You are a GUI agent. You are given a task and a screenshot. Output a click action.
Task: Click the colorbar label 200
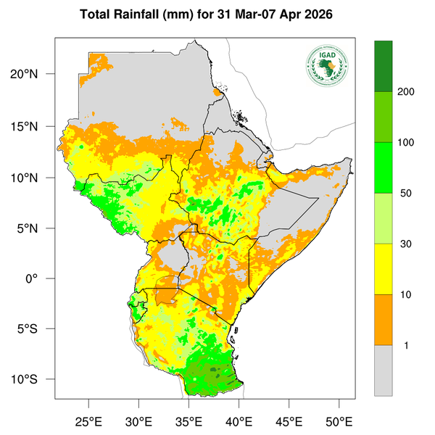pos(406,93)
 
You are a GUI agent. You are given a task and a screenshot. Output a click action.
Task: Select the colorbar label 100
pos(406,143)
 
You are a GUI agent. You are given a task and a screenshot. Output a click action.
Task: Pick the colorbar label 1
pos(406,345)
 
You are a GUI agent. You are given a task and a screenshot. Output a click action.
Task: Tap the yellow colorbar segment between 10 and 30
pos(383,269)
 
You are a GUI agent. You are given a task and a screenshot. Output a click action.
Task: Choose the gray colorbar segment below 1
pos(383,370)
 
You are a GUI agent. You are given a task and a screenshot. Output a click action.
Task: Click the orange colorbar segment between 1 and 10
pos(383,320)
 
